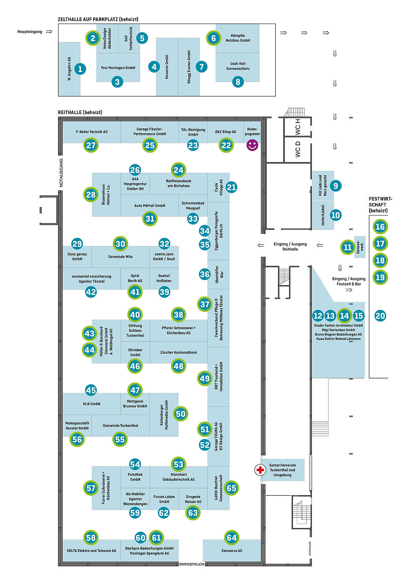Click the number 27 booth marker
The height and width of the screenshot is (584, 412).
click(x=91, y=145)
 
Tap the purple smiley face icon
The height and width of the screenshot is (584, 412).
click(x=252, y=145)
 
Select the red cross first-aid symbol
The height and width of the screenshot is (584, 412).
click(x=260, y=470)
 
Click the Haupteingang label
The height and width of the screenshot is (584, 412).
click(x=29, y=32)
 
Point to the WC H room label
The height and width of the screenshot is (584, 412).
click(x=298, y=127)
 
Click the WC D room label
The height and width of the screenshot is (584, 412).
click(x=298, y=149)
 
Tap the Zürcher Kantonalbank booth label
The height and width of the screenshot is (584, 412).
click(x=178, y=352)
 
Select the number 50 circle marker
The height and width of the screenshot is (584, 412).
click(x=181, y=414)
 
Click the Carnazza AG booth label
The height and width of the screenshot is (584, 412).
click(x=232, y=551)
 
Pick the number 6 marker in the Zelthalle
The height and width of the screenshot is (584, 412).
click(x=213, y=38)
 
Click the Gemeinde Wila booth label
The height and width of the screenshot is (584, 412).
click(x=120, y=256)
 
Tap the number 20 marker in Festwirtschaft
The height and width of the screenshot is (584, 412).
click(x=380, y=316)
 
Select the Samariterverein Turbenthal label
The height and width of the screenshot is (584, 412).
click(x=282, y=470)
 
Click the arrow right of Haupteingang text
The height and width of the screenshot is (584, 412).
click(x=49, y=32)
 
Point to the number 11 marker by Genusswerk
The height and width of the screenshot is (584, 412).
click(x=347, y=247)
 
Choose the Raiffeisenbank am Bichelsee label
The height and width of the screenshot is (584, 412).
click(x=178, y=183)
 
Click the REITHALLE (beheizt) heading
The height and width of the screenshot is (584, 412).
click(x=80, y=112)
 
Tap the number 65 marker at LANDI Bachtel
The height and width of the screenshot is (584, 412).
click(x=231, y=488)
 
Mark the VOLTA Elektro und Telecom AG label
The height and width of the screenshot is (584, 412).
click(x=91, y=551)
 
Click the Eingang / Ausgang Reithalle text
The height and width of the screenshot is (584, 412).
click(x=290, y=246)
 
